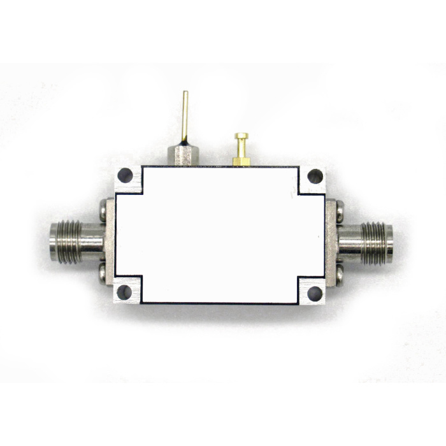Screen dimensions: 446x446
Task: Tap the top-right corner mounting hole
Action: point(314,177)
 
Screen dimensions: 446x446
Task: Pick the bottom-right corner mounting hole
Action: point(314,294)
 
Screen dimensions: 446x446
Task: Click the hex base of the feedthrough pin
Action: point(182,155)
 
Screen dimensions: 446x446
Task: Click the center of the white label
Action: point(220,234)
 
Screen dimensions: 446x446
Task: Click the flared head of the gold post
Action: point(241,136)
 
